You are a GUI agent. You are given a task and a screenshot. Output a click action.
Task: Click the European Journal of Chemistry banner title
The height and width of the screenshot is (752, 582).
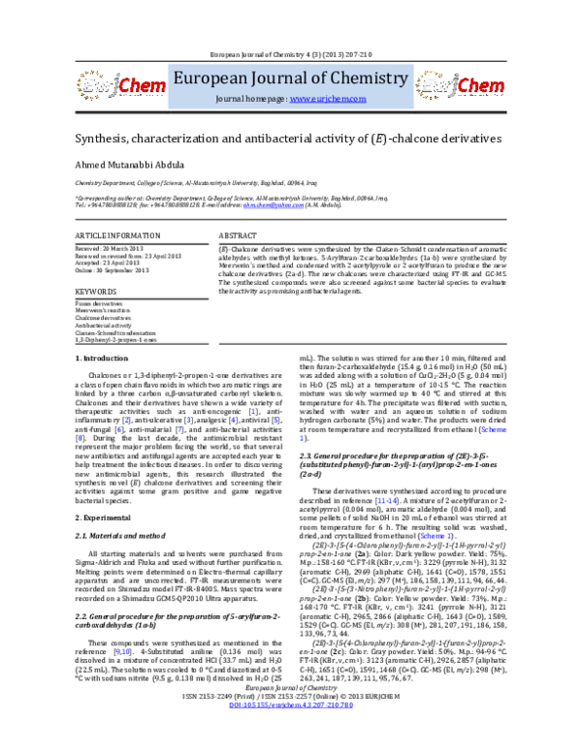click(x=291, y=78)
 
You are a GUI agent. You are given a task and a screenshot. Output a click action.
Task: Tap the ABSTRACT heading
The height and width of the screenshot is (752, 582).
click(x=238, y=236)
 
